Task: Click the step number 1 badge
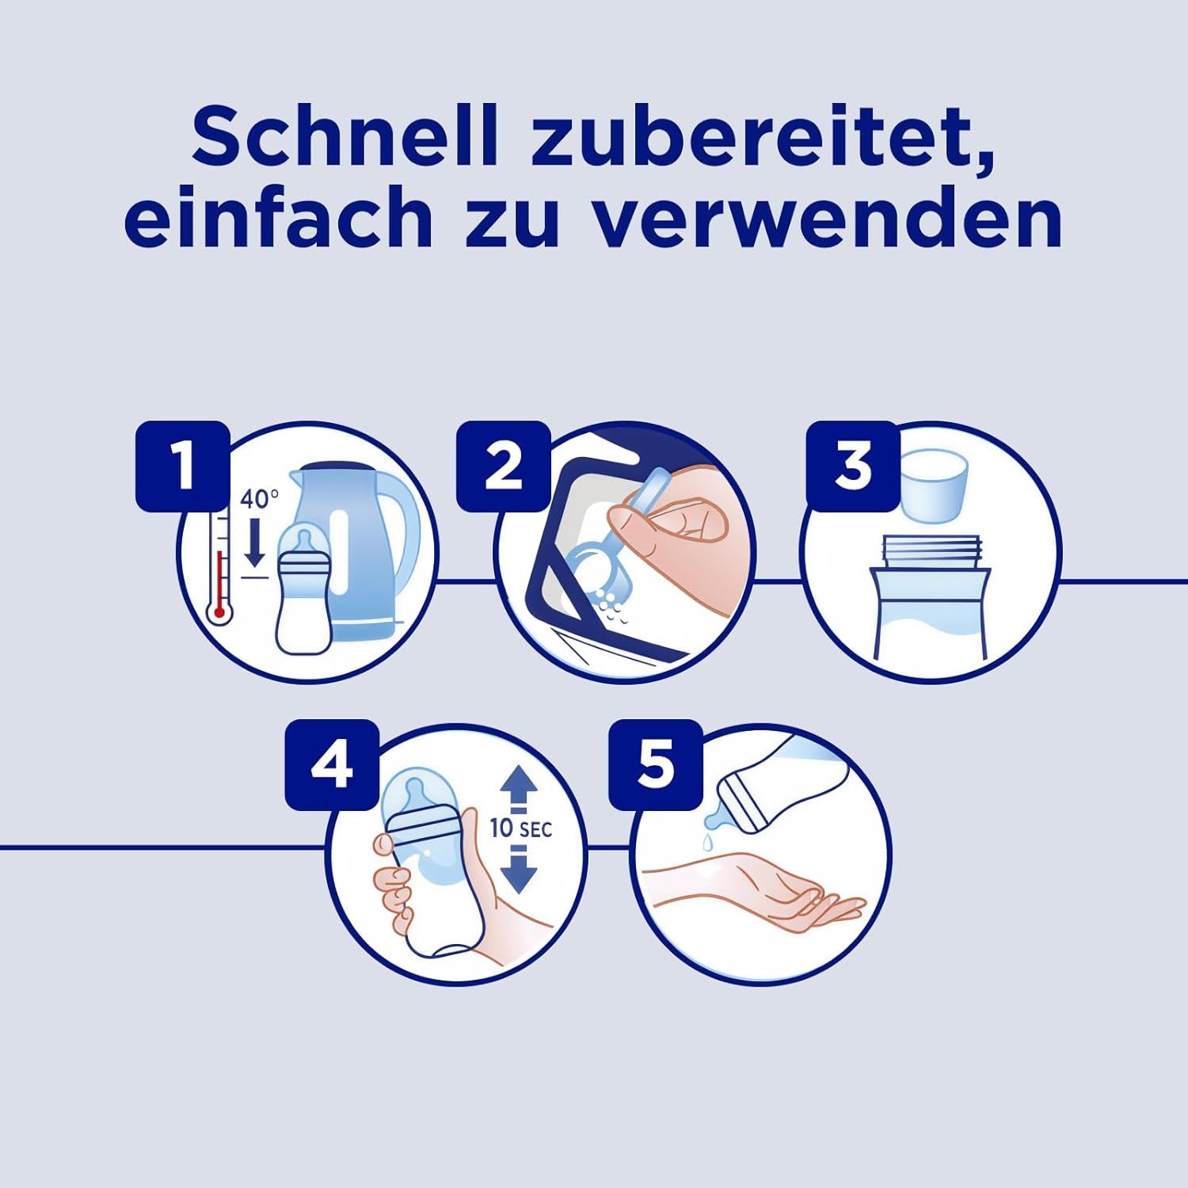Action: [183, 466]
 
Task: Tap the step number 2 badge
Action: [503, 466]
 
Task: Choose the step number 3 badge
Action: [853, 466]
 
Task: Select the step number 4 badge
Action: [332, 765]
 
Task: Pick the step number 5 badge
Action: [656, 765]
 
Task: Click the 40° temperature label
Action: [259, 499]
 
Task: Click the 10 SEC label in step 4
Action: [520, 828]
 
